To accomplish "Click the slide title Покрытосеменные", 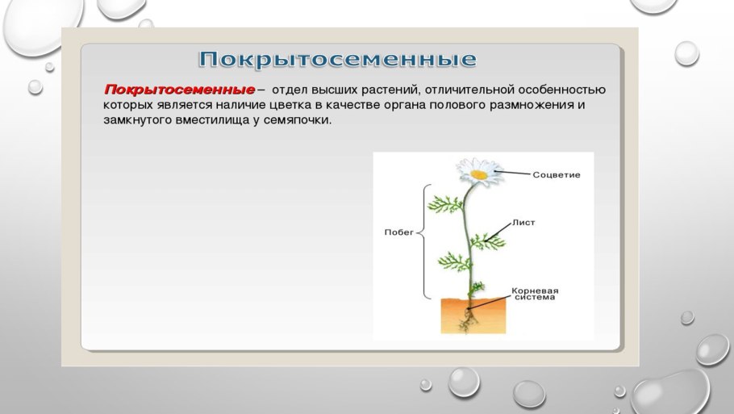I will (x=337, y=60).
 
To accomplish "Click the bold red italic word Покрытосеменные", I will (x=178, y=89).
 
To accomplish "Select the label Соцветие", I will (x=557, y=174).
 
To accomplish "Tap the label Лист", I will (x=523, y=222).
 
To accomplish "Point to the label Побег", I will (x=398, y=232).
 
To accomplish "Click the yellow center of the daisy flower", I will (x=478, y=173).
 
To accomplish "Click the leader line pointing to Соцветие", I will (x=515, y=173).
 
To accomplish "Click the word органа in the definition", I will (x=424, y=105).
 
